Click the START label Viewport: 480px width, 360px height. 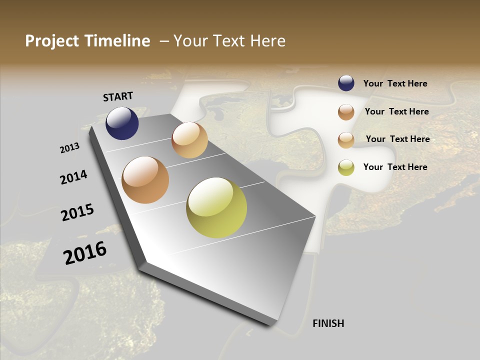click(118, 96)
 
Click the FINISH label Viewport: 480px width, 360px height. click(328, 323)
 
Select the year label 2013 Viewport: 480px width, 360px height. click(69, 148)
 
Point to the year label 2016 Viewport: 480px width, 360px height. click(85, 252)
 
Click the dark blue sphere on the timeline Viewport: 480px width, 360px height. click(122, 123)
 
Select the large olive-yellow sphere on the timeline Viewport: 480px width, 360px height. click(216, 207)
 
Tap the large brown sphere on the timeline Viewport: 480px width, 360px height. click(145, 180)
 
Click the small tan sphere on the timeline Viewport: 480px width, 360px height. click(189, 140)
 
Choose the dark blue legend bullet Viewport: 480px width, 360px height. click(346, 83)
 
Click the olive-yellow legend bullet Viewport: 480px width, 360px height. click(346, 167)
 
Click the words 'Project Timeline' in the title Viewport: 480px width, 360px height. click(87, 41)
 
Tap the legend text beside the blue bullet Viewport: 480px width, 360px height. click(395, 84)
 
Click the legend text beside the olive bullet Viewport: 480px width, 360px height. click(395, 167)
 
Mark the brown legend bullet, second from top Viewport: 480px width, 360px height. click(346, 112)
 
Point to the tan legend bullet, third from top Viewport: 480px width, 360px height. click(346, 140)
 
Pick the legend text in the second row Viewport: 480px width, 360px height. click(396, 111)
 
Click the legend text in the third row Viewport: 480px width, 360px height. click(397, 139)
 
